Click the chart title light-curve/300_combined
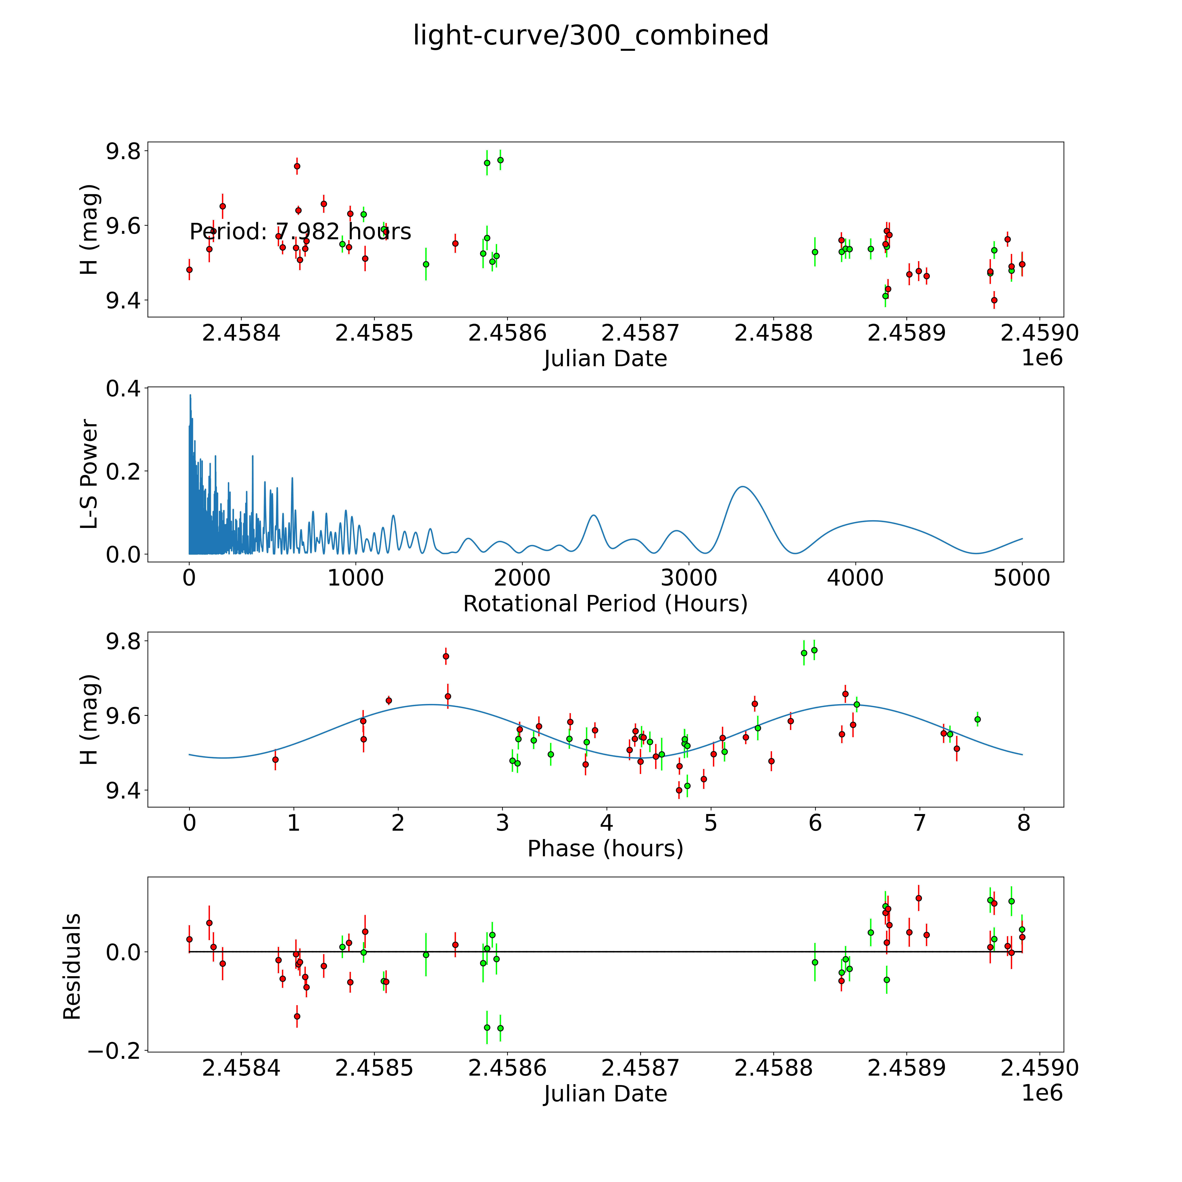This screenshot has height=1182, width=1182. pos(590,35)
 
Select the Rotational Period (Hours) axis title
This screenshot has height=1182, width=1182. pos(605,604)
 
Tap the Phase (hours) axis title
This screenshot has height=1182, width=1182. pos(605,849)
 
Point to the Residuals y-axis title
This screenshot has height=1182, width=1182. pos(72,967)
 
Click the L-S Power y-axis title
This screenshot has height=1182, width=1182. pos(89,474)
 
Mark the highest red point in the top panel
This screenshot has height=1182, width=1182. pos(297,166)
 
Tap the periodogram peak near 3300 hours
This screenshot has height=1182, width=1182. pos(742,486)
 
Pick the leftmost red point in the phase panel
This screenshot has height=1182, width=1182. pos(275,759)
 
